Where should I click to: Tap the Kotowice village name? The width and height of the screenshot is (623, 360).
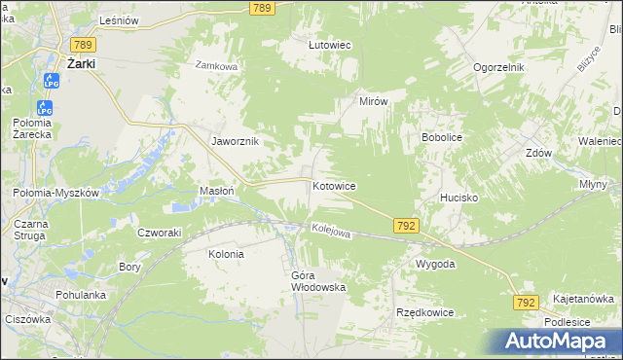333,185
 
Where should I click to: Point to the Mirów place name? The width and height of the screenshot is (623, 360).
374,101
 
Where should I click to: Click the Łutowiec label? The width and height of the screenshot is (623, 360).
329,45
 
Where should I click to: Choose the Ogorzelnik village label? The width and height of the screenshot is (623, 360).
499,67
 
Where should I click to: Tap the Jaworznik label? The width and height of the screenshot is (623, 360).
236,141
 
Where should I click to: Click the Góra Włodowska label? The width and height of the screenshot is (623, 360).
318,281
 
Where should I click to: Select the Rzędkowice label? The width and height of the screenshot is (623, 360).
421,312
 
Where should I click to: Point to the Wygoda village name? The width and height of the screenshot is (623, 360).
435,264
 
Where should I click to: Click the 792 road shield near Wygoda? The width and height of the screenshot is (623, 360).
407,226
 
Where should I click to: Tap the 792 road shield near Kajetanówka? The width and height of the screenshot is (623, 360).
526,304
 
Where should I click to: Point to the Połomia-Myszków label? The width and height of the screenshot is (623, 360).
56,193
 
